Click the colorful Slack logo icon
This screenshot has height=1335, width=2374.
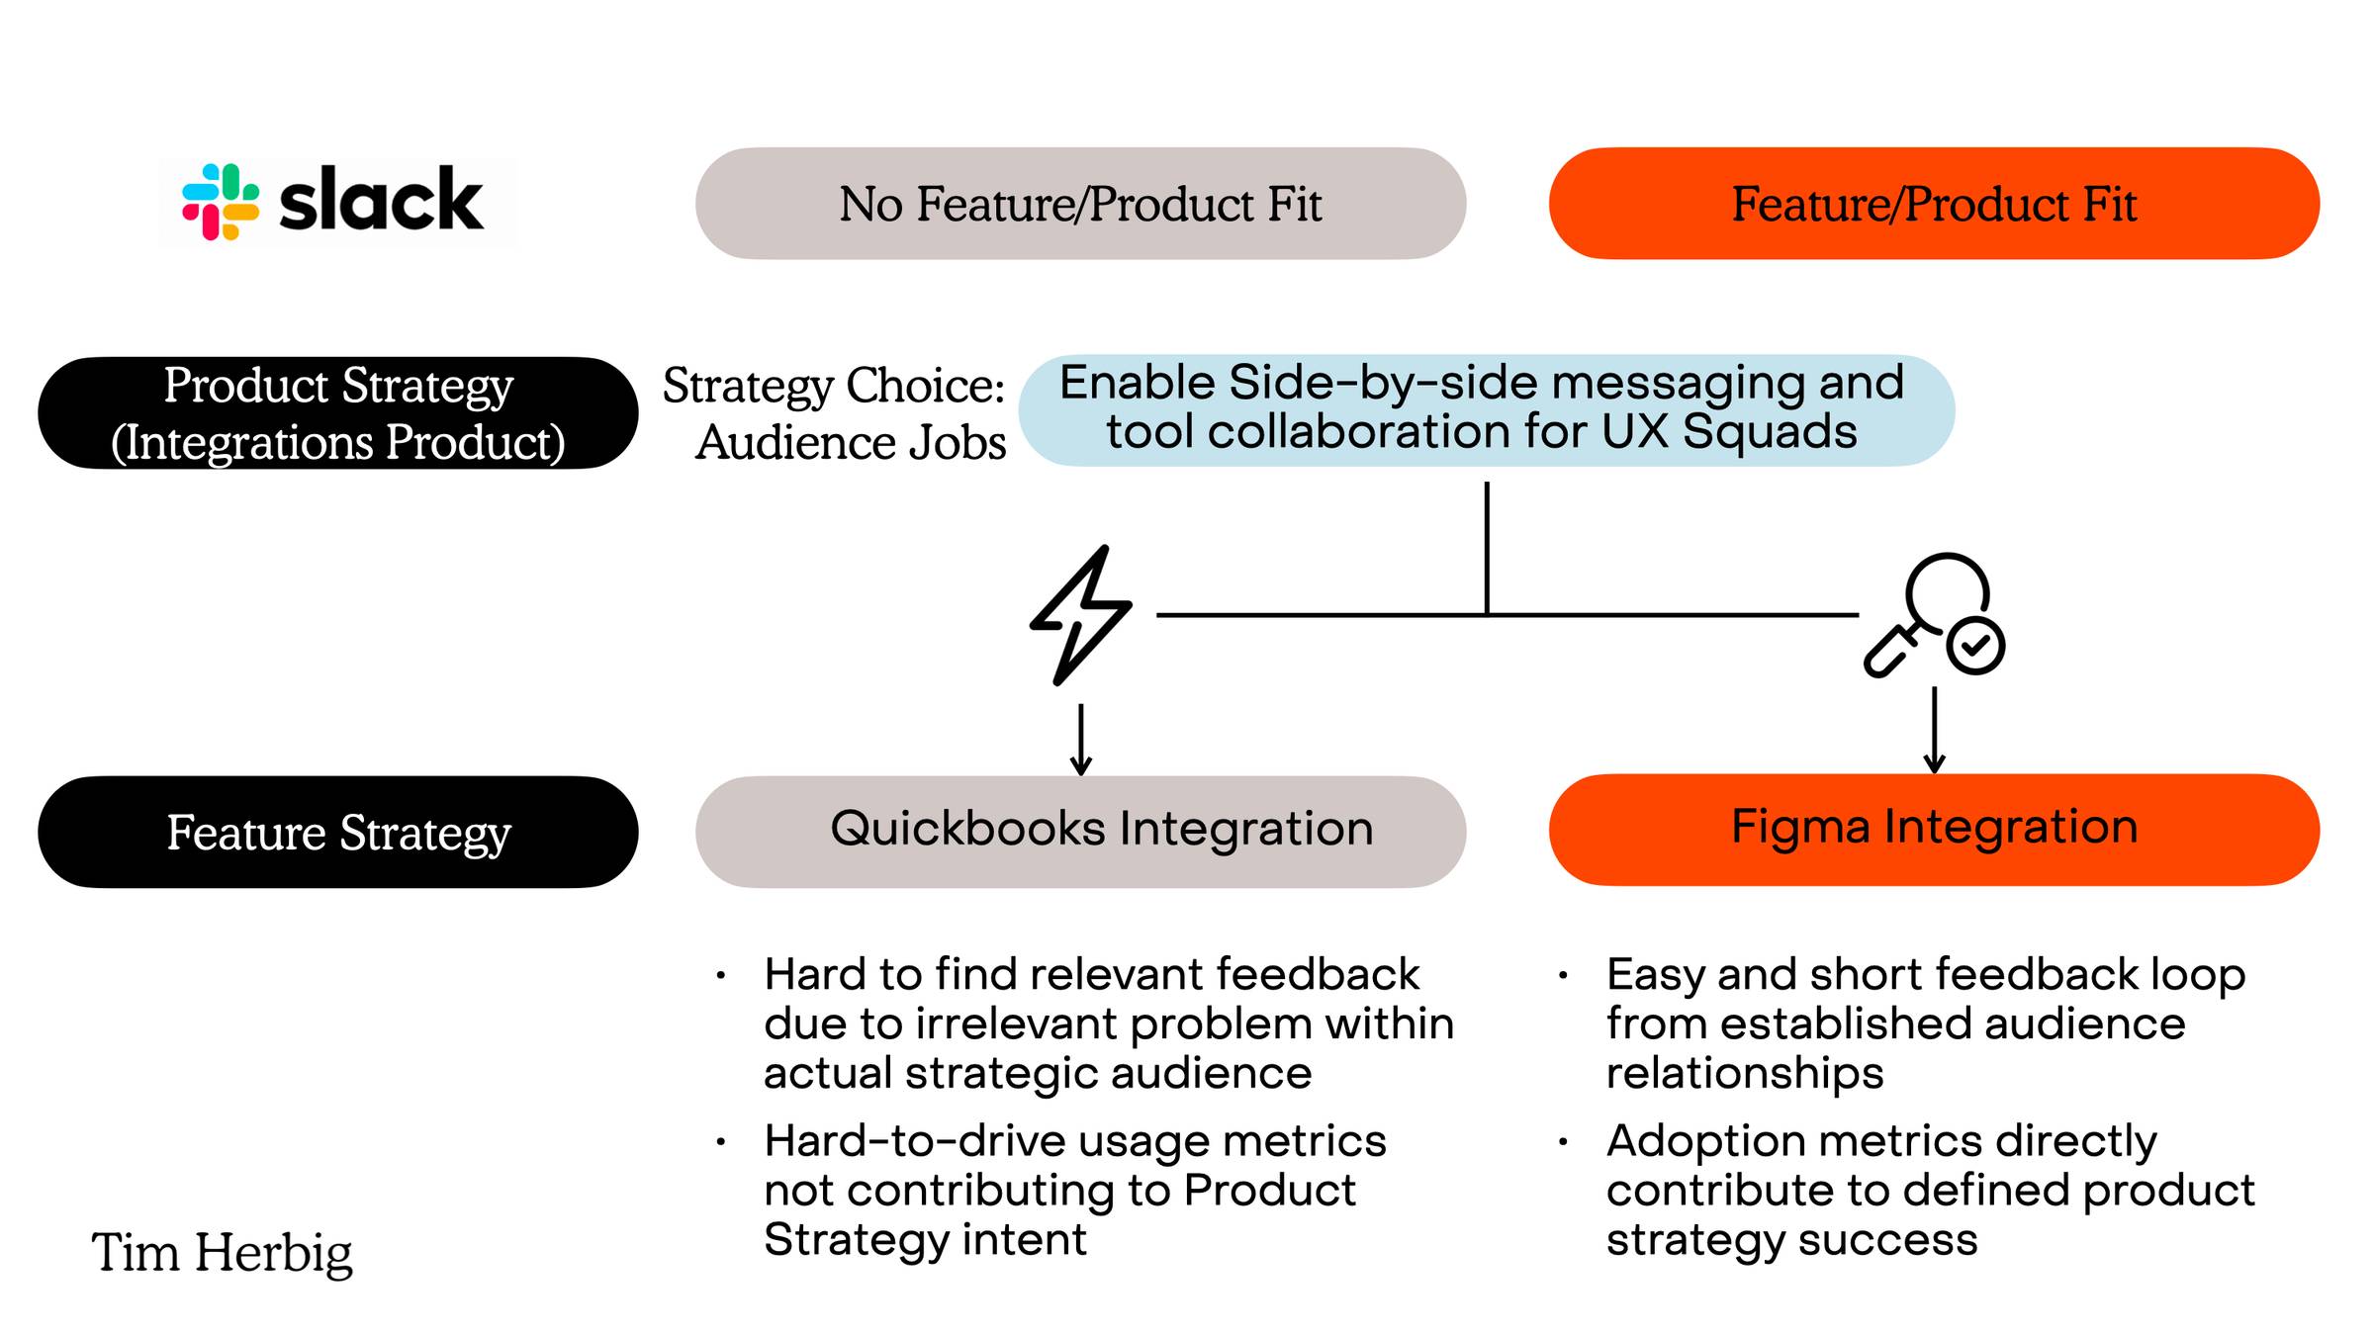click(x=221, y=202)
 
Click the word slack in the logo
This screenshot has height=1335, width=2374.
click(x=382, y=200)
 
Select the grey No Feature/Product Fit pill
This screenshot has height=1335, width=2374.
click(x=1080, y=204)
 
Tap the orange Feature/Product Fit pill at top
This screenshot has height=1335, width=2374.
click(x=1934, y=204)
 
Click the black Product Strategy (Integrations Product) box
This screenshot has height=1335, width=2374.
click(x=338, y=413)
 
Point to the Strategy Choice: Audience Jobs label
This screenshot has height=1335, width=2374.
click(x=835, y=413)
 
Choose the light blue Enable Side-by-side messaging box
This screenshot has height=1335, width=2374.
click(x=1486, y=410)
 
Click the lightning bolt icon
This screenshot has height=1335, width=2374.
click(x=1080, y=614)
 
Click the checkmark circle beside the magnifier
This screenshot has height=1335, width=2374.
click(x=1975, y=647)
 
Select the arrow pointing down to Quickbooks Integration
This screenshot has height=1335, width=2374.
click(x=1081, y=739)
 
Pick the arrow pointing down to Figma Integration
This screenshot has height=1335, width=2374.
click(x=1935, y=730)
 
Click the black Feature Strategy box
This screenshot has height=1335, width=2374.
click(x=338, y=832)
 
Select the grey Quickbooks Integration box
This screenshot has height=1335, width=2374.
click(x=1080, y=832)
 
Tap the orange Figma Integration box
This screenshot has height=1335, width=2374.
click(x=1934, y=830)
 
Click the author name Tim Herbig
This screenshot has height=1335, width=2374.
click(x=222, y=1253)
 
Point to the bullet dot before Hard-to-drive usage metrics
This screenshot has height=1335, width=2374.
click(x=721, y=1143)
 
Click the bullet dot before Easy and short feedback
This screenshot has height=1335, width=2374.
click(x=1563, y=976)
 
